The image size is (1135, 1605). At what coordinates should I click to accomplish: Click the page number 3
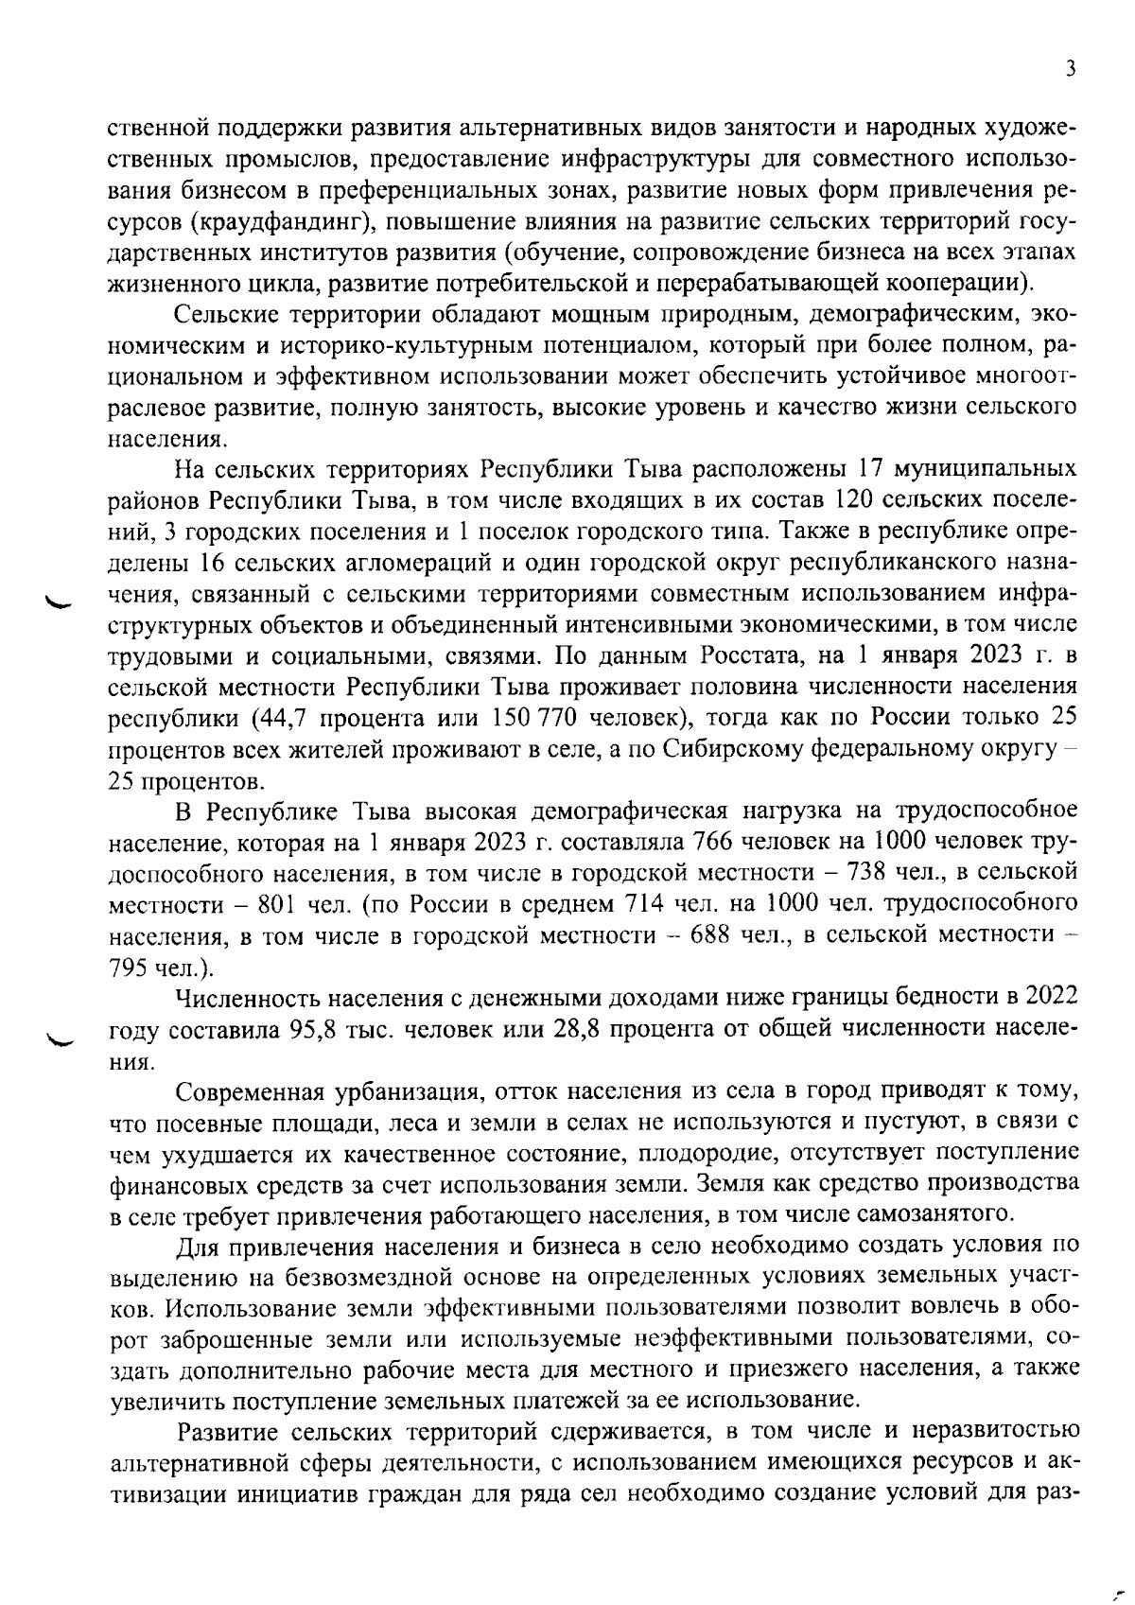click(1070, 68)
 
